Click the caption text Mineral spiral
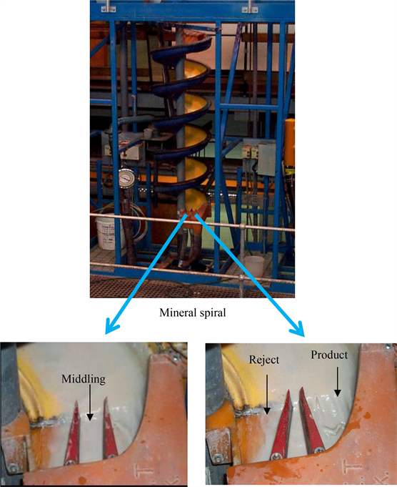point(193,313)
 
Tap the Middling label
point(84,379)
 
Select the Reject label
point(264,360)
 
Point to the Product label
point(329,355)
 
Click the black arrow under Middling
point(90,403)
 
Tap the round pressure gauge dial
point(127,179)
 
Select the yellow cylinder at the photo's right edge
point(290,144)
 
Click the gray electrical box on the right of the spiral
point(267,158)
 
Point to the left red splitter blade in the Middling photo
point(72,433)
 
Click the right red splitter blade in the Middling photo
point(110,428)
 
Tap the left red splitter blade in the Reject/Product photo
point(281,425)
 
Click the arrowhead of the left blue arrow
point(111,326)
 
